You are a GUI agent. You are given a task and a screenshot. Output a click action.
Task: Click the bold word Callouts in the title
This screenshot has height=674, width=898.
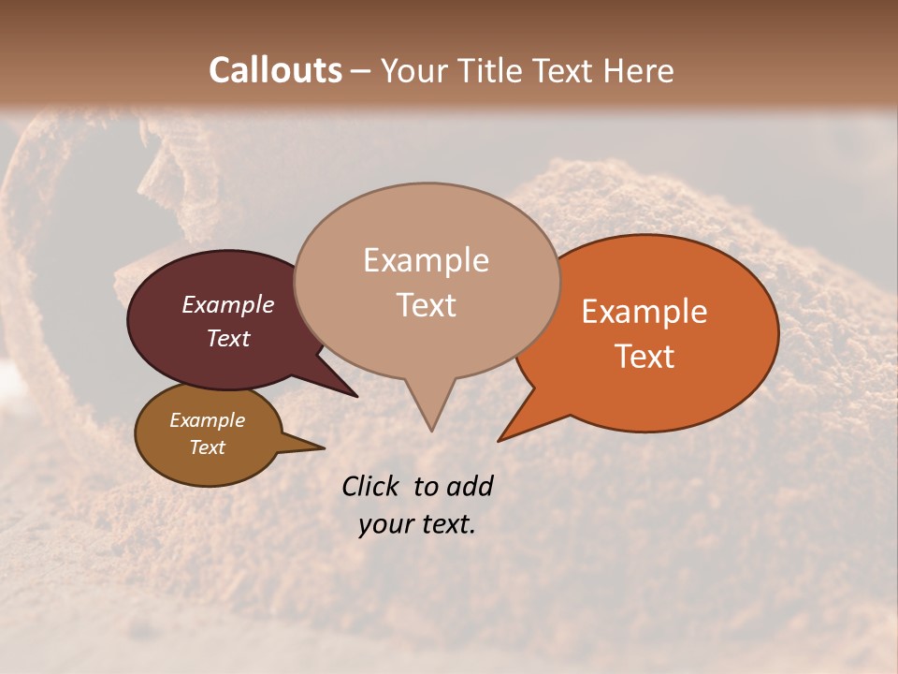(275, 70)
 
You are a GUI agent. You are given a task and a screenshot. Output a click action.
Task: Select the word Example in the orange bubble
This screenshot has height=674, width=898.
(645, 312)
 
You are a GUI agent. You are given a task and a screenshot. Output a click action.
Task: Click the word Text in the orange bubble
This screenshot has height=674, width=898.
(645, 357)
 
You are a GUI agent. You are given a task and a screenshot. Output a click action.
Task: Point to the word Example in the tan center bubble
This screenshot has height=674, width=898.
(426, 260)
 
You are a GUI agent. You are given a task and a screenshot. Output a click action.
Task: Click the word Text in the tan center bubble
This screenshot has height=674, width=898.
(426, 305)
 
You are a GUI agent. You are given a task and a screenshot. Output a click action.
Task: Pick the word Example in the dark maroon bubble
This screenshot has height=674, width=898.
(227, 304)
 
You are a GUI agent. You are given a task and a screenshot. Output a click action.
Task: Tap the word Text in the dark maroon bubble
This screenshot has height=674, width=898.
(227, 338)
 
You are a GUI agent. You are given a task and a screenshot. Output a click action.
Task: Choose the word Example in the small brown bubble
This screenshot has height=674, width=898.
(207, 420)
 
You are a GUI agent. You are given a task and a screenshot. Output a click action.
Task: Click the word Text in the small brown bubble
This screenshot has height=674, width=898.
(207, 447)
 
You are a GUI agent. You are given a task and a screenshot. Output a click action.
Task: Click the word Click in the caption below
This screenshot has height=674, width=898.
(370, 486)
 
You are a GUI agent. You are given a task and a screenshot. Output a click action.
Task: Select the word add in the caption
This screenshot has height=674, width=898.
(470, 486)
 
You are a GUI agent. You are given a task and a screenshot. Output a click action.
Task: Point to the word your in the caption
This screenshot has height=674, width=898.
(385, 524)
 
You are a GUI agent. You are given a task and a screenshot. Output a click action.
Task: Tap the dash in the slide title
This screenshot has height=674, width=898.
(360, 70)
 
